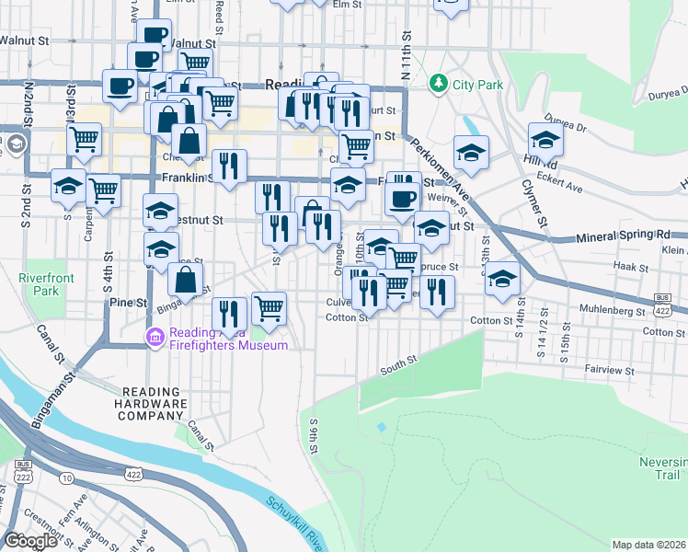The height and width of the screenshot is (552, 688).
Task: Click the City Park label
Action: point(478,85)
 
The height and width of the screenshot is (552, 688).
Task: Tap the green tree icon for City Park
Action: point(439,85)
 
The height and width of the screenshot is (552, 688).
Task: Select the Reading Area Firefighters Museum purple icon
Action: point(155,339)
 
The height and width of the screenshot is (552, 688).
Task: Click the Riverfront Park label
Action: point(39,283)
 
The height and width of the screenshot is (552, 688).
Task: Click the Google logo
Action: point(31,540)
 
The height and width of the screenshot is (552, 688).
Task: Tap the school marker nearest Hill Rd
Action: point(545,140)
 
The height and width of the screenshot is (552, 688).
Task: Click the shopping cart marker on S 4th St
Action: point(103,190)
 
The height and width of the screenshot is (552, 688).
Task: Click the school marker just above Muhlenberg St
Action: point(502,279)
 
